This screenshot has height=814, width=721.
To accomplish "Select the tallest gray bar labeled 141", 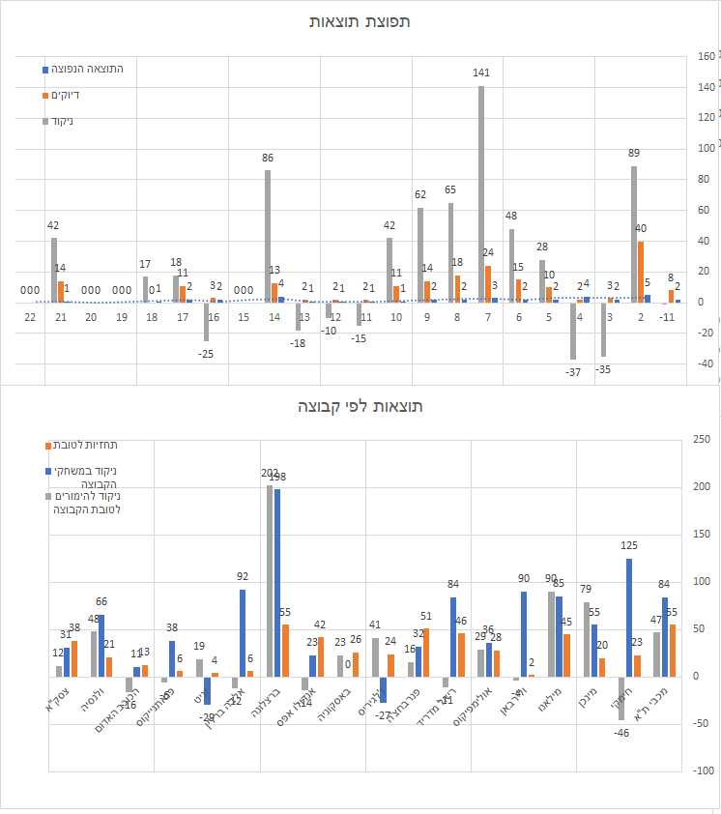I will pos(480,193).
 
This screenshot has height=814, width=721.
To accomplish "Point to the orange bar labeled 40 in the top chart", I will pos(641,271).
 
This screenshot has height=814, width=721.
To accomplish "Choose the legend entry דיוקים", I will pos(65,95).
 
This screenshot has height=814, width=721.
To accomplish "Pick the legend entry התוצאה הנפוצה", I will pos(87,69).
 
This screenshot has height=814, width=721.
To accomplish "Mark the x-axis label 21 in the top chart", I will pos(61,317).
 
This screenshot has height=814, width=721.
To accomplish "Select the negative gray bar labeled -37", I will pos(573,331).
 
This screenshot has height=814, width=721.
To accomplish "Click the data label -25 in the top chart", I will pos(207,354).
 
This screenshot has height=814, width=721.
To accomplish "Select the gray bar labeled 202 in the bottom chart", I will pos(270,580).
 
